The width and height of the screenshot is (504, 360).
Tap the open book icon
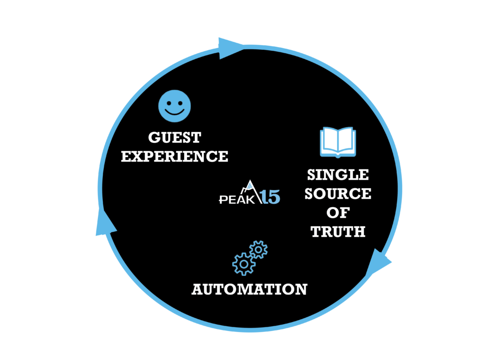pos(338,141)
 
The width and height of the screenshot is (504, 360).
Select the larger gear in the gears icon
pos(244,263)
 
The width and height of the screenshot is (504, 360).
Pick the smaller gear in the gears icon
pos(258,250)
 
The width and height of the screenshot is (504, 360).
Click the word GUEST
pos(175,137)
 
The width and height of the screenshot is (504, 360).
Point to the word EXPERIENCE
pos(175,157)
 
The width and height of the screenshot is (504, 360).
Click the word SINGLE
pos(338,175)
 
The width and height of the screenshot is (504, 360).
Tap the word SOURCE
pos(338,194)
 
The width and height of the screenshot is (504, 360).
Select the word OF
pos(338,213)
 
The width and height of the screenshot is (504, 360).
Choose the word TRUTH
pos(338,231)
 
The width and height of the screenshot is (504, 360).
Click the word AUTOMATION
pos(249,289)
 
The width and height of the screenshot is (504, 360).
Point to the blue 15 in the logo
pos(269,197)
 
